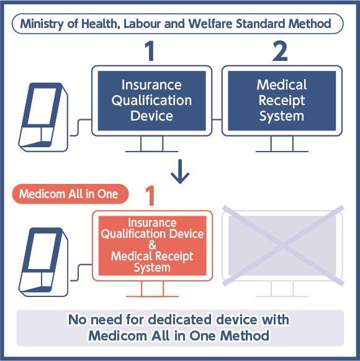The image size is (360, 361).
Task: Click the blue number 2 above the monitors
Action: (x=280, y=52)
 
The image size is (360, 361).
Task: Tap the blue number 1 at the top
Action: (x=149, y=52)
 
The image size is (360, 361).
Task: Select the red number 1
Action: (x=150, y=196)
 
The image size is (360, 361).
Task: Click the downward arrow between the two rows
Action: (x=180, y=173)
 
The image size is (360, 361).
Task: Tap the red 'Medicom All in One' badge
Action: (x=69, y=194)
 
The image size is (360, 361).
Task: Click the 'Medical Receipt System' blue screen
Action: (x=282, y=100)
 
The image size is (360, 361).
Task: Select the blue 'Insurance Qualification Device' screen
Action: (x=151, y=100)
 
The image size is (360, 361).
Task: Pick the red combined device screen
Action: (x=152, y=245)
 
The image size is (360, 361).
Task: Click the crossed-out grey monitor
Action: (x=282, y=245)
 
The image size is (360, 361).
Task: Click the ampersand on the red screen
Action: (x=153, y=245)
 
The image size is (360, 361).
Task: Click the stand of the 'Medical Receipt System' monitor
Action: (x=282, y=145)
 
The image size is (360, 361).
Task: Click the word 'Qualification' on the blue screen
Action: (x=151, y=100)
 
